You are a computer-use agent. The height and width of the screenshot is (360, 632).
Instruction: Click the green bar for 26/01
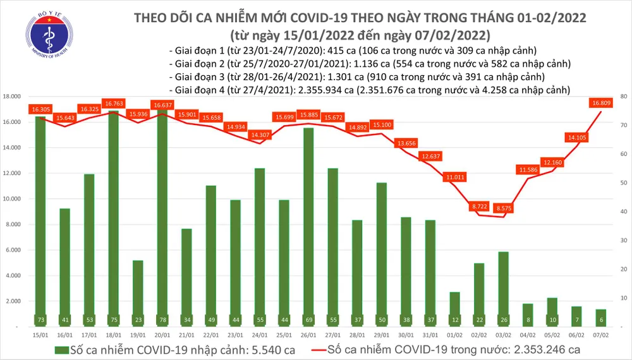308,227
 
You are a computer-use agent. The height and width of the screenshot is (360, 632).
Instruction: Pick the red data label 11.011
454,177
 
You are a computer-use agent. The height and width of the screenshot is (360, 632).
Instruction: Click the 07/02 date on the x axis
602,335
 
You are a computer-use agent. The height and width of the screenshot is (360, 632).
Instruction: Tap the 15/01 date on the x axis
40,335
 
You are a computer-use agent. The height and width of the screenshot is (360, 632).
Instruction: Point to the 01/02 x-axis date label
455,335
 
